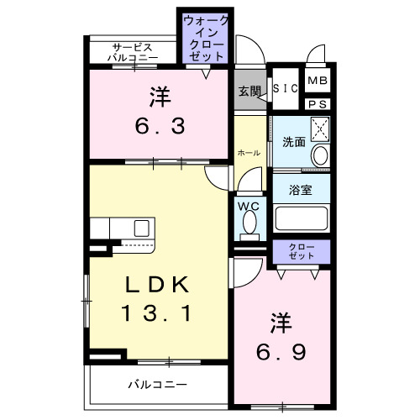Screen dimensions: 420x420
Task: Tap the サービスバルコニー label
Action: (133, 52)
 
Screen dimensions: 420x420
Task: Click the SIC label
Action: (286, 88)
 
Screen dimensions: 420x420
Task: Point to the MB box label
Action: (317, 81)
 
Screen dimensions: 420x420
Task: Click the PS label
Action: (317, 103)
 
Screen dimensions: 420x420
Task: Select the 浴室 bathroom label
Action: (301, 190)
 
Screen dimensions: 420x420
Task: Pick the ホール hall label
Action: (249, 153)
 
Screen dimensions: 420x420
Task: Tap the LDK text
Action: (155, 284)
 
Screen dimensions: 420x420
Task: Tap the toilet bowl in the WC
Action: (249, 223)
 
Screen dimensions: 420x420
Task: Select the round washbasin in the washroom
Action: (319, 156)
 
